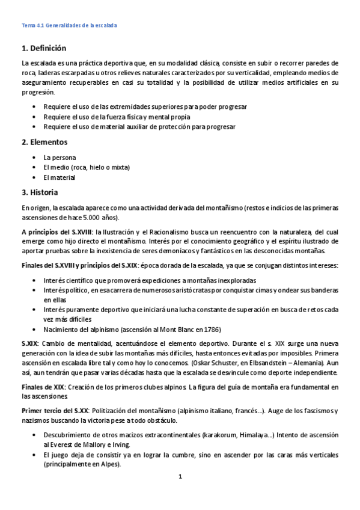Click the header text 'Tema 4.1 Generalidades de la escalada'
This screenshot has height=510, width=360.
point(69,25)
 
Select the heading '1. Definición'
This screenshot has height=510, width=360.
point(43,48)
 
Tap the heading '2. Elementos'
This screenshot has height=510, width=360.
point(44,143)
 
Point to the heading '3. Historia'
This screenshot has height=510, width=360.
point(40,193)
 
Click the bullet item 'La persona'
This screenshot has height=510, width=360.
point(59,157)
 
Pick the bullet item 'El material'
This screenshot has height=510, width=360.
point(59,177)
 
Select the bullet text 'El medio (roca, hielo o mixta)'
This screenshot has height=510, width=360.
point(87,167)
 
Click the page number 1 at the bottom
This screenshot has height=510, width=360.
point(180,477)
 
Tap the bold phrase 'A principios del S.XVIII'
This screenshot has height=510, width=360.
point(55,232)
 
